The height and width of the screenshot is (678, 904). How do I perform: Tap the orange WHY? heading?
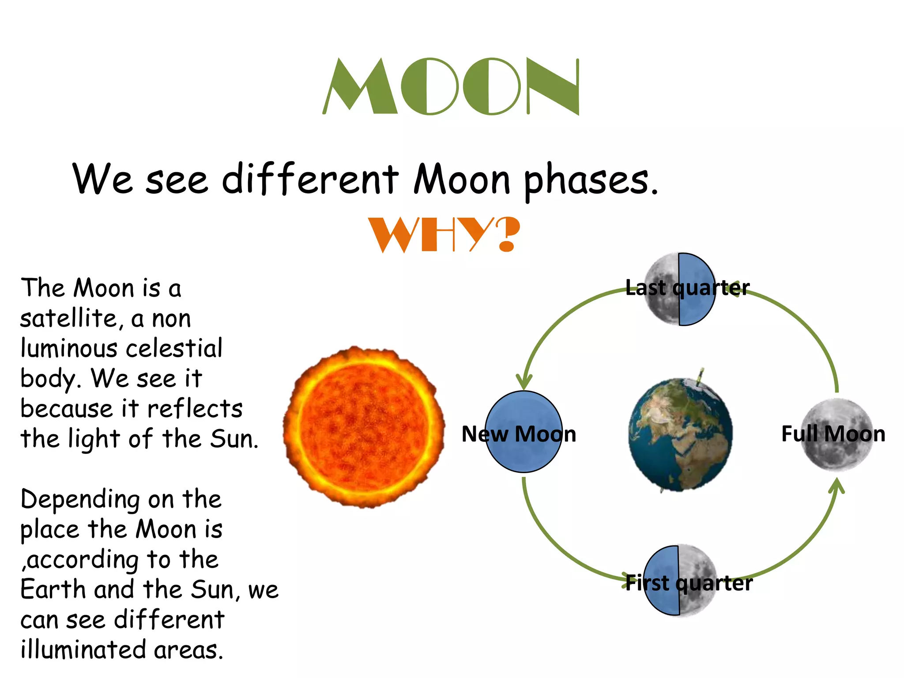click(x=444, y=234)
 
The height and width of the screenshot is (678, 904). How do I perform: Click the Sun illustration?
click(x=364, y=426)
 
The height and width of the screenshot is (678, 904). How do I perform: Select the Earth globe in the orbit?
click(x=680, y=434)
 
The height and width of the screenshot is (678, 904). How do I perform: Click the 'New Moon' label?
click(x=519, y=434)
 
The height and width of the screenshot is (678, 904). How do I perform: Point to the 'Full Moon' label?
click(x=833, y=434)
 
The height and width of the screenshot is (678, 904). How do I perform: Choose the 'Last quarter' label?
click(x=687, y=288)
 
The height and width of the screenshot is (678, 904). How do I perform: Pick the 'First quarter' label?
click(x=689, y=583)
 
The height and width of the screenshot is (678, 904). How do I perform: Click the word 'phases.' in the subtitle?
click(x=591, y=180)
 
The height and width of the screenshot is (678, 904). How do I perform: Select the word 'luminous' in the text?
click(x=69, y=348)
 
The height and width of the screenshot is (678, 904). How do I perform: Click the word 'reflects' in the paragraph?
click(x=194, y=409)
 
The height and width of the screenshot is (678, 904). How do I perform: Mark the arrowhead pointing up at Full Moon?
click(x=836, y=486)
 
